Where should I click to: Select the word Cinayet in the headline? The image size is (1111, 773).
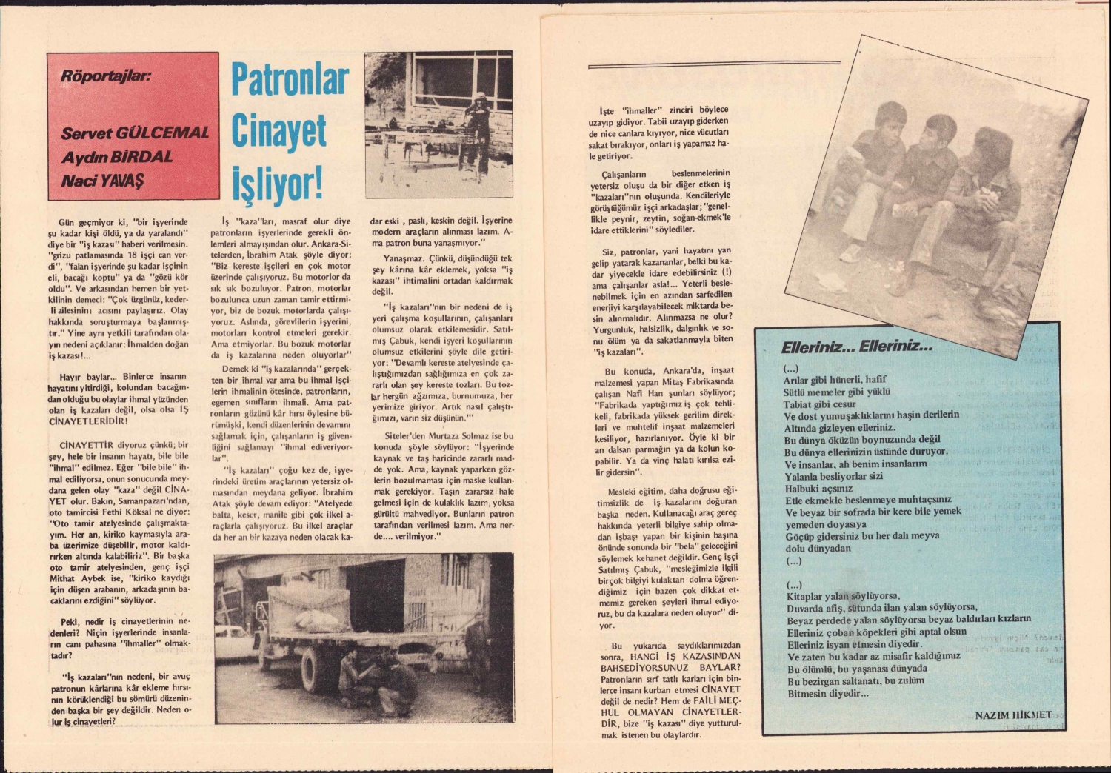pyautogui.click(x=278, y=131)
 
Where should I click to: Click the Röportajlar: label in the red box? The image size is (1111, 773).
pyautogui.click(x=106, y=76)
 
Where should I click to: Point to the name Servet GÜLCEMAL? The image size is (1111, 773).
pyautogui.click(x=135, y=134)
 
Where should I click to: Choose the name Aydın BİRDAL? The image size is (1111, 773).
pyautogui.click(x=117, y=157)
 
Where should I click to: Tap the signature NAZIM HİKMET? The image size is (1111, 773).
pyautogui.click(x=1012, y=715)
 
